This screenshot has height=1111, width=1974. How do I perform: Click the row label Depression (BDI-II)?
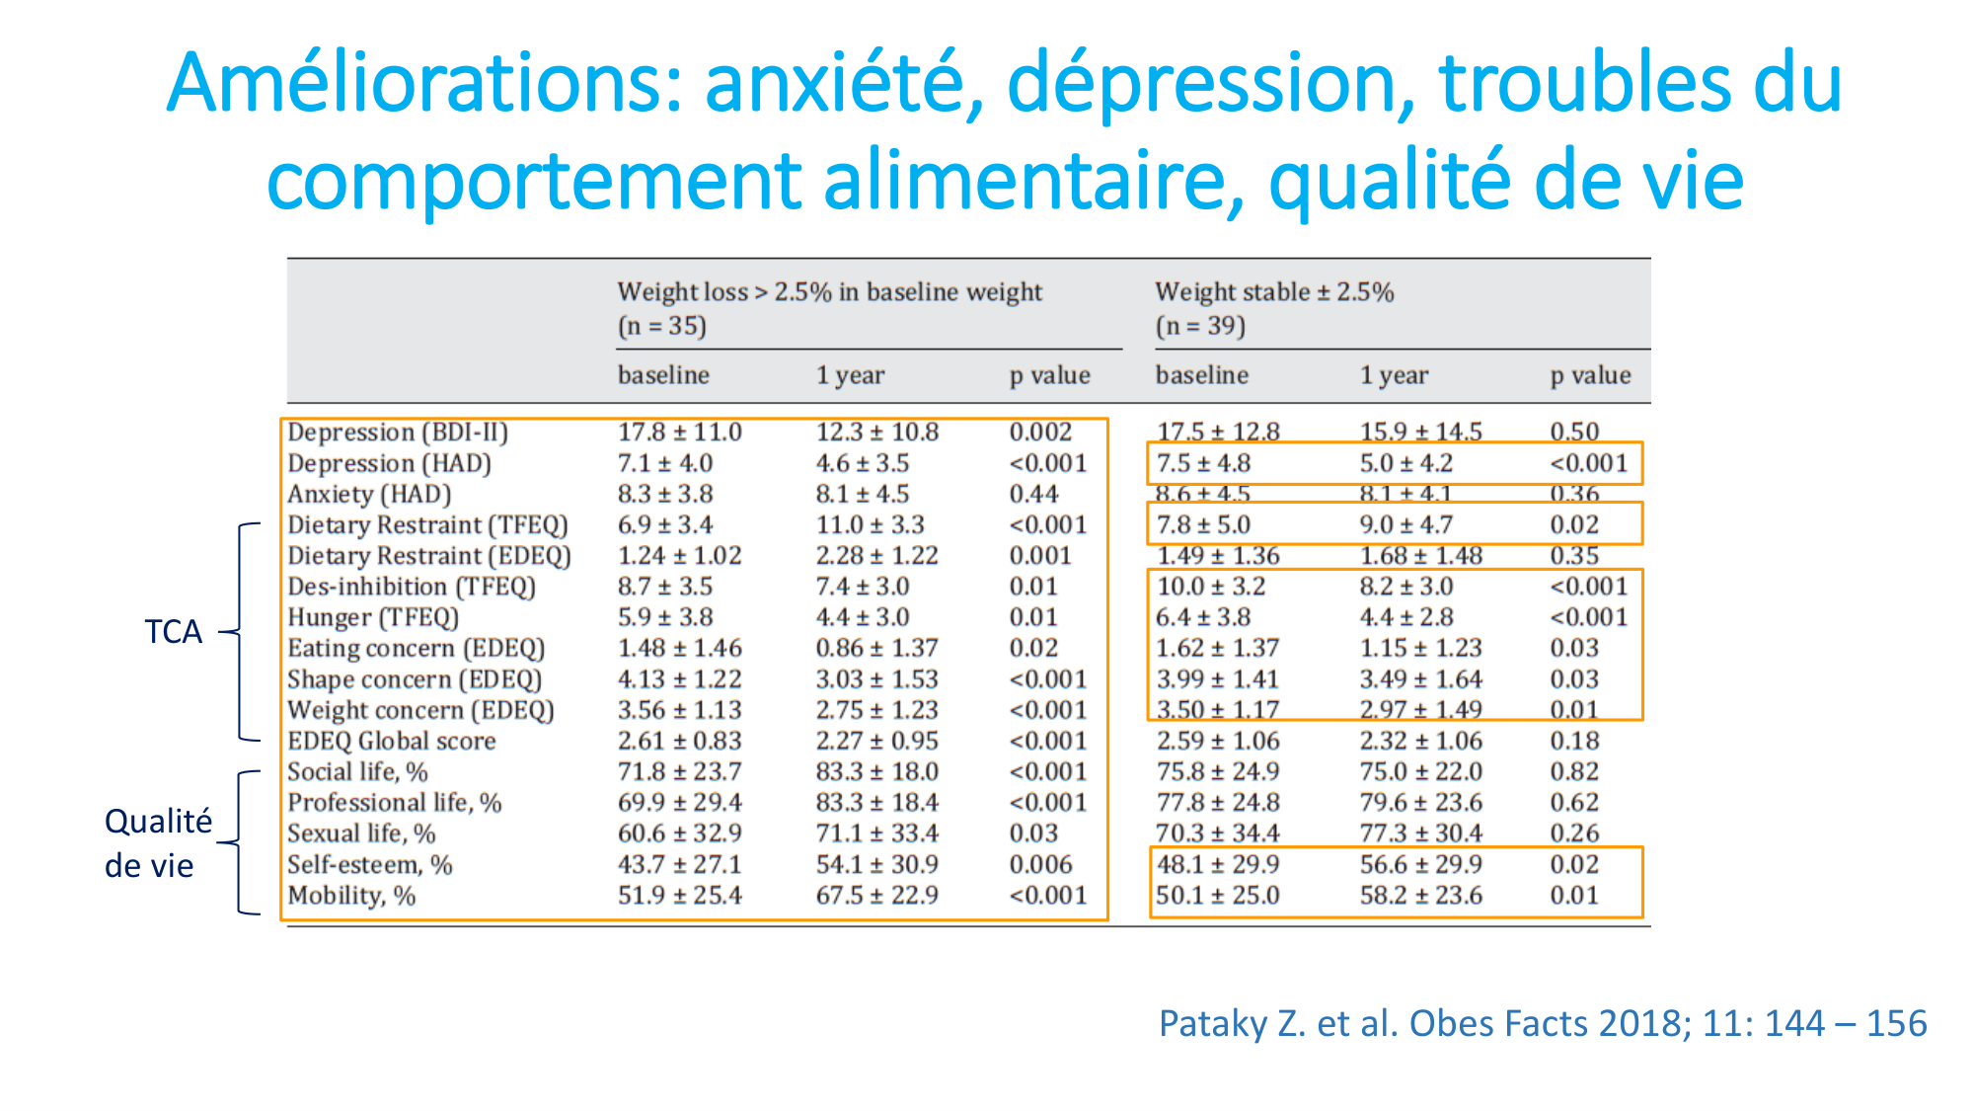click(x=398, y=433)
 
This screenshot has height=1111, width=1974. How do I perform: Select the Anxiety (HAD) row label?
click(x=369, y=494)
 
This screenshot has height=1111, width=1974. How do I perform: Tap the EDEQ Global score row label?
click(x=391, y=741)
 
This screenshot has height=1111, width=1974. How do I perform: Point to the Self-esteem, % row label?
click(x=369, y=865)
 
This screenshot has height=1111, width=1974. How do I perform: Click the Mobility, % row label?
click(x=351, y=896)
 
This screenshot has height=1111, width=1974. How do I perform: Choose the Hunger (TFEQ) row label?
click(x=373, y=617)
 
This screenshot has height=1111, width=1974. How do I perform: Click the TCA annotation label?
click(x=173, y=631)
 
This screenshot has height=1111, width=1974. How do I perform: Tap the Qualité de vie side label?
click(x=158, y=842)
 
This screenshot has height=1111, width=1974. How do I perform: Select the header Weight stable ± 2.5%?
click(x=1274, y=292)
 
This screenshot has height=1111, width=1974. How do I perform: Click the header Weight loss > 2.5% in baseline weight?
click(x=829, y=292)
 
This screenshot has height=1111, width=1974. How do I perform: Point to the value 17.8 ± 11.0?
click(x=679, y=433)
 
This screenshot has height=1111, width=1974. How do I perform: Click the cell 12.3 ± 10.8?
click(x=876, y=433)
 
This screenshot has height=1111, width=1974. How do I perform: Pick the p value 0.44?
click(x=1033, y=494)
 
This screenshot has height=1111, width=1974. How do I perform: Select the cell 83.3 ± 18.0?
click(x=876, y=772)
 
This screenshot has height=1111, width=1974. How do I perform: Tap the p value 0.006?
click(x=1040, y=865)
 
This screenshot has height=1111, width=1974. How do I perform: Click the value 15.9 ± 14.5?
click(x=1420, y=433)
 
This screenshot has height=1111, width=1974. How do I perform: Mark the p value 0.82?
click(x=1573, y=772)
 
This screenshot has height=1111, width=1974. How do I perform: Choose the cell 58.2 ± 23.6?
click(x=1420, y=896)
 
